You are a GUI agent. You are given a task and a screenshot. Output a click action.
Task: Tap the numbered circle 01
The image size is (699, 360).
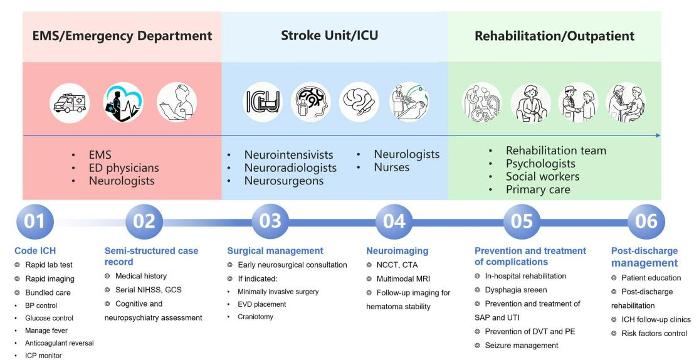(35, 221)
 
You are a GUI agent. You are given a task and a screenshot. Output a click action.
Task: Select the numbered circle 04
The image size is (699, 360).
(395, 221)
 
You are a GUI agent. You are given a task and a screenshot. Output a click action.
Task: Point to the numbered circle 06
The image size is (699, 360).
(646, 221)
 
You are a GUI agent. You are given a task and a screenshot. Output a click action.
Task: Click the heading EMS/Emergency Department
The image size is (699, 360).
(122, 36)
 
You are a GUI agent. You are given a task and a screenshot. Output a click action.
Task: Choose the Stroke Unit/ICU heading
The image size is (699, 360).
(334, 36)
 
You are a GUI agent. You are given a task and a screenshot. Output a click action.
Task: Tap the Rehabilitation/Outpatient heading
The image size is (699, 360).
(554, 36)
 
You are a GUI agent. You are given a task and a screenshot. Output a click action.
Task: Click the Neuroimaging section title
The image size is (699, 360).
(397, 251)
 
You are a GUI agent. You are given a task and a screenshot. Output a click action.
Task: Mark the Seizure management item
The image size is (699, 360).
(520, 345)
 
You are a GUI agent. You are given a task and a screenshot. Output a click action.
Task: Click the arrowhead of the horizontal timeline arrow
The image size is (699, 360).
(657, 135)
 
